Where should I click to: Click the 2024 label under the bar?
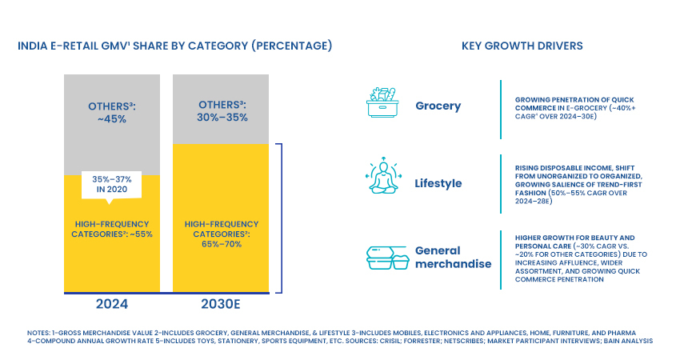pyautogui.click(x=110, y=305)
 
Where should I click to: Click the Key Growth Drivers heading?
pyautogui.click(x=522, y=46)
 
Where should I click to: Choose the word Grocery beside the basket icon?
pyautogui.click(x=438, y=106)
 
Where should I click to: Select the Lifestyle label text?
pyautogui.click(x=438, y=183)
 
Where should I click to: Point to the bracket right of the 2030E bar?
pyautogui.click(x=282, y=217)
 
